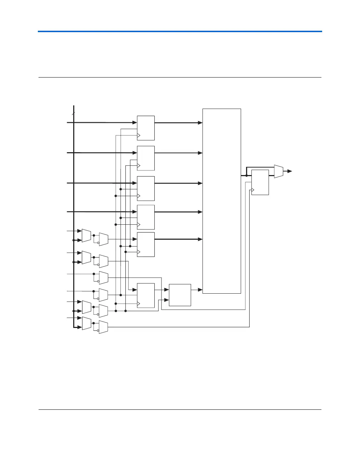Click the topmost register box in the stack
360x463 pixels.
pos(146,128)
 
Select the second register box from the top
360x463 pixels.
pos(146,158)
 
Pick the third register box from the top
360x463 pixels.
pos(146,188)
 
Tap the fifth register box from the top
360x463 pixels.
pos(146,244)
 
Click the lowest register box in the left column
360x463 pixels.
pos(146,295)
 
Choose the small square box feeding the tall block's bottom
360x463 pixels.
pos(180,295)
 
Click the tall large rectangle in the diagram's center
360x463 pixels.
pos(221,201)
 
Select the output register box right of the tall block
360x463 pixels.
pos(260,182)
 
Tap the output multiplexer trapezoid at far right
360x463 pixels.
pos(279,171)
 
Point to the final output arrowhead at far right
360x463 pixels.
pos(290,171)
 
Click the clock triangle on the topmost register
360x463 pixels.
pos(139,135)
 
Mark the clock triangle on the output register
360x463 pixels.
pos(253,190)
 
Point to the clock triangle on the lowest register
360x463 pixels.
pos(139,304)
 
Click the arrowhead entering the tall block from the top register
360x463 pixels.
pos(200,123)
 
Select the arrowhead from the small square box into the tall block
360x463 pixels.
pos(200,290)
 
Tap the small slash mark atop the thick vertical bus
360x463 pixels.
pos(74,113)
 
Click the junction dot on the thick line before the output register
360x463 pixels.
pos(246,175)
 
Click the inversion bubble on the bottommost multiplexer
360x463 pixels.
pos(98,330)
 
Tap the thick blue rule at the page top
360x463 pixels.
pos(180,31)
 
